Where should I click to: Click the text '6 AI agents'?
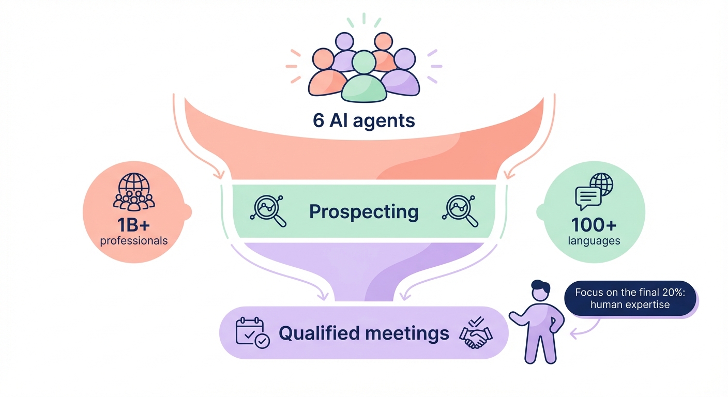tap(363, 120)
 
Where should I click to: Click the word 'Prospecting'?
tap(363, 211)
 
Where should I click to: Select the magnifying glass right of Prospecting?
tap(460, 211)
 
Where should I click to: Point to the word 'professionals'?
tap(134, 240)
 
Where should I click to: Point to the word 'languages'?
tap(594, 240)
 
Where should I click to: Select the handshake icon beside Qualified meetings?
tap(476, 333)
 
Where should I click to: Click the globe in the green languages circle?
tap(601, 184)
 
